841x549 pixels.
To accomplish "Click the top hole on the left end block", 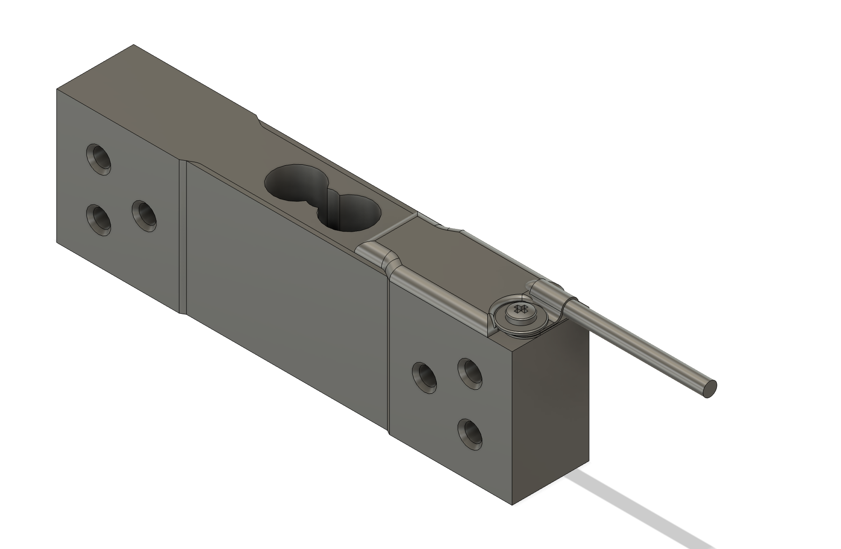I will [99, 159].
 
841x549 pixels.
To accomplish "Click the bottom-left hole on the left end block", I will [98, 219].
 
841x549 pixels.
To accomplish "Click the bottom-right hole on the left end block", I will [145, 217].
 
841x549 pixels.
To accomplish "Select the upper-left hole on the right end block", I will [425, 377].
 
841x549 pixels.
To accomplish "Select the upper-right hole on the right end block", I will [470, 374].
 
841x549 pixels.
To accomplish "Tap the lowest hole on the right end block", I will [470, 434].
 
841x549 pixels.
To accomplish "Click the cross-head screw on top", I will [521, 312].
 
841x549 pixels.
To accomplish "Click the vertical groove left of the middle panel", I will [182, 235].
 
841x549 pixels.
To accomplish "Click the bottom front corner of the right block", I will [514, 504].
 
